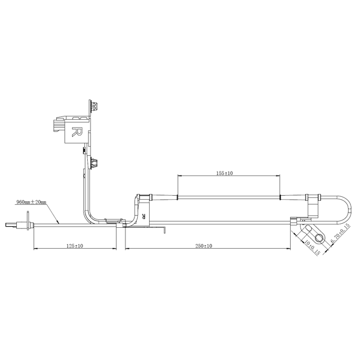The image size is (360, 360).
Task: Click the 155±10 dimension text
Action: tap(224, 174)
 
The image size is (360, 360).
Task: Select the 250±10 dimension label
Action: tap(204, 246)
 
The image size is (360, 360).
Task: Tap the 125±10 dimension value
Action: tap(75, 246)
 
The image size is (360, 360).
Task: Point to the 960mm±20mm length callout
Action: tap(31, 201)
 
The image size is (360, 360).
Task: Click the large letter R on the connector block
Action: tap(78, 133)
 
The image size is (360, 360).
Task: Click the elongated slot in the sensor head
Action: tap(309, 228)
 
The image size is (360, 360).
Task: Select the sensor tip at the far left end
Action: tap(10, 226)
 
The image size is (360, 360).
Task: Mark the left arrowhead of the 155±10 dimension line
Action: tap(179, 177)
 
